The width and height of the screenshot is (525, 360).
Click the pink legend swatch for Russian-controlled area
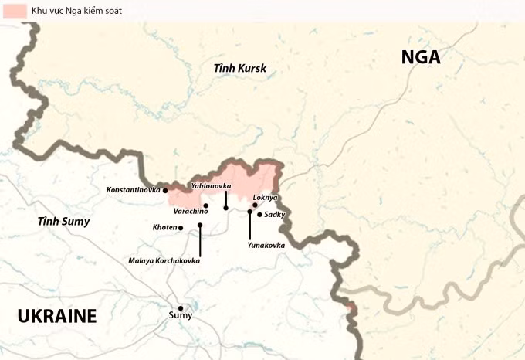(15, 12)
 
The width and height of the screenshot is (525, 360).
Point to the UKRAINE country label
(57, 315)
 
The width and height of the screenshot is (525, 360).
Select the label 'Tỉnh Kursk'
(240, 69)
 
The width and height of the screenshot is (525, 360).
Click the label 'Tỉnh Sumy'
(64, 222)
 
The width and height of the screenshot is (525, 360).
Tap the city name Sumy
(181, 315)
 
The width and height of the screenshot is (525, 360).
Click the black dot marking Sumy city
(181, 307)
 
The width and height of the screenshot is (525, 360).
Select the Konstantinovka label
(133, 189)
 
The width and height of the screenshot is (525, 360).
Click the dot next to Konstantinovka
(165, 190)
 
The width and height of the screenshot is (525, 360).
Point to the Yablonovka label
(211, 186)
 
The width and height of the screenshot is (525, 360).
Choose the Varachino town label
(191, 211)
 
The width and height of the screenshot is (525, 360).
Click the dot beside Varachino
(206, 205)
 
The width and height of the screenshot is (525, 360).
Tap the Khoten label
(164, 228)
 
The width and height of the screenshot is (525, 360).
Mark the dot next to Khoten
(181, 228)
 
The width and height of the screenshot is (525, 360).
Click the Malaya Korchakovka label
(164, 261)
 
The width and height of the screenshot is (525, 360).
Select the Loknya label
(265, 198)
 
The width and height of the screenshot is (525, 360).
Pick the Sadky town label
(275, 214)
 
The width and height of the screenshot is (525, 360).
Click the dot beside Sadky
(259, 214)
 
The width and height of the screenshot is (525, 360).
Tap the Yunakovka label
(266, 245)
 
